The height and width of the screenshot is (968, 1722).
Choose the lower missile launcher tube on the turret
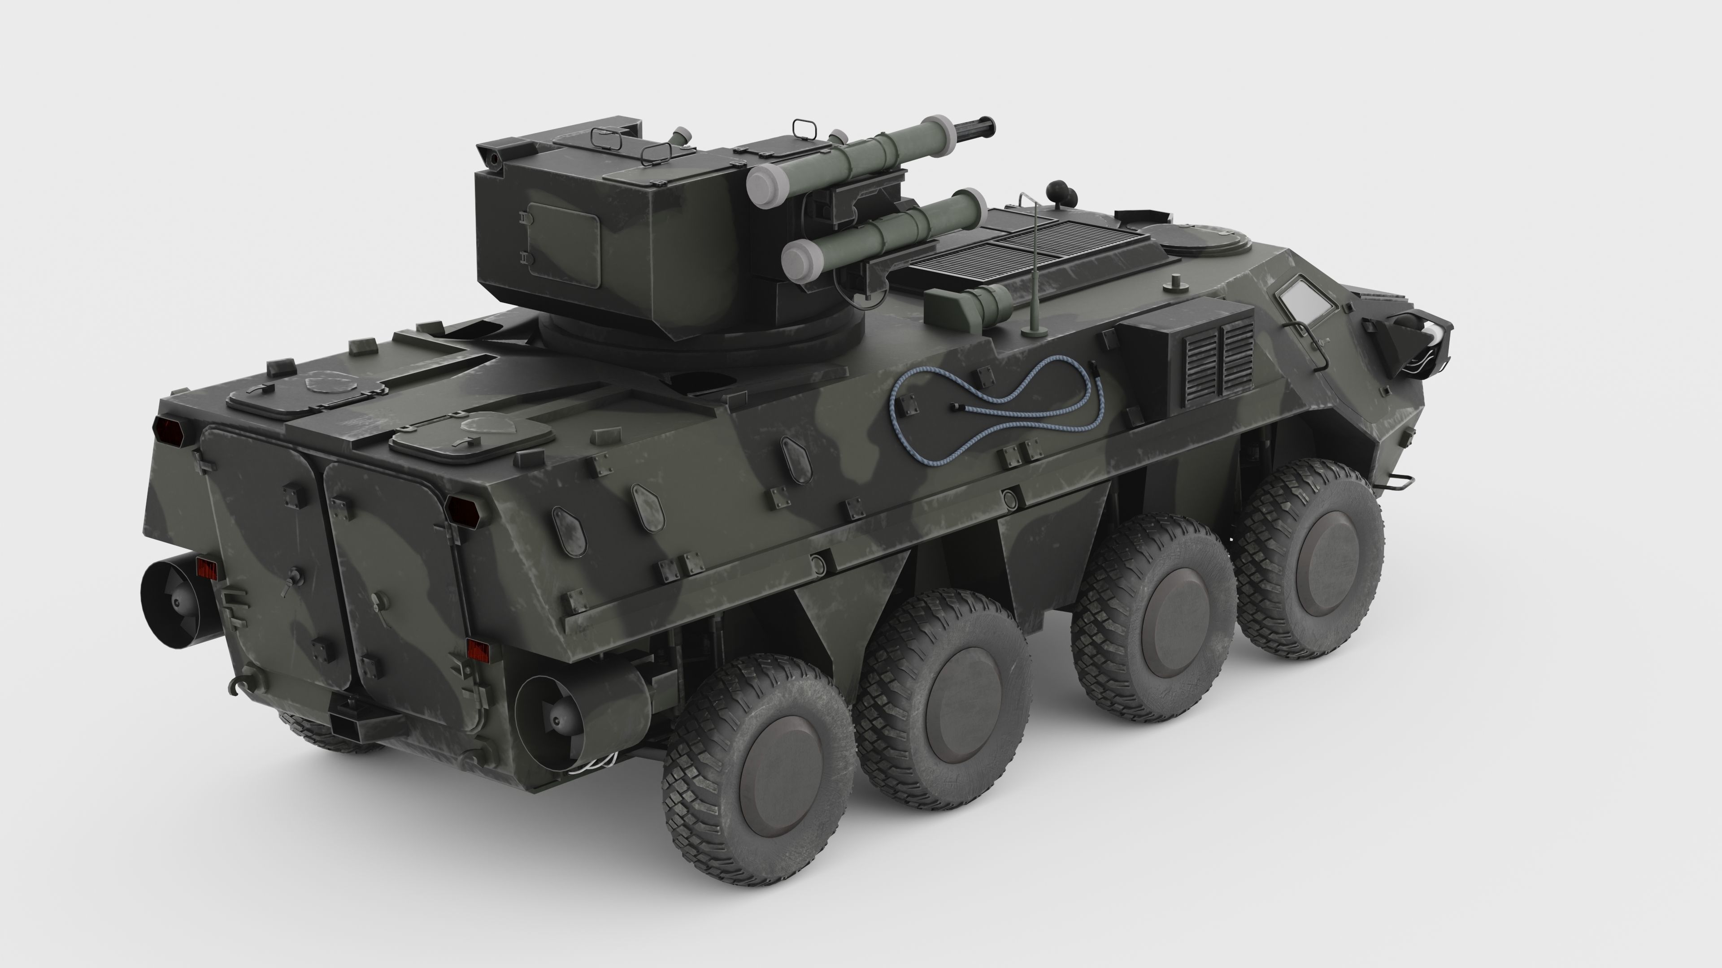[883, 230]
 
